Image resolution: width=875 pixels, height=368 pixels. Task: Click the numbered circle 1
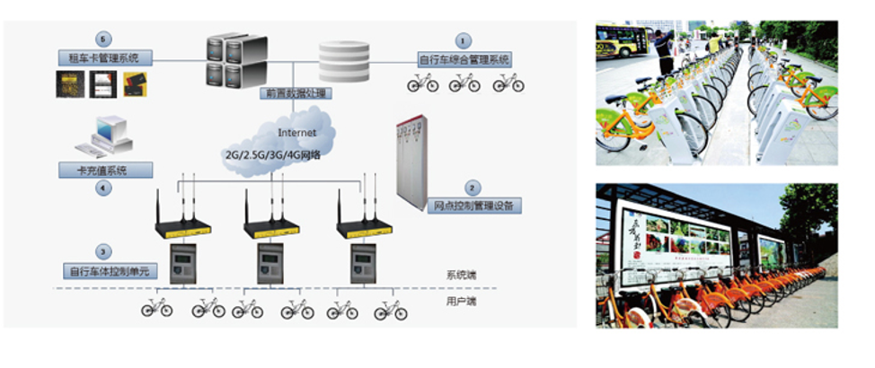tap(464, 40)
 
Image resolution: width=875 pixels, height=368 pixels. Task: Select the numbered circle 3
tap(105, 252)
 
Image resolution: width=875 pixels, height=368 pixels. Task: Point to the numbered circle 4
tap(105, 188)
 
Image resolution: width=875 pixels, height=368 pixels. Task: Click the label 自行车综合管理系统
tap(464, 60)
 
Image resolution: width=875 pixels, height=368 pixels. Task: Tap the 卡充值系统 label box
tap(105, 169)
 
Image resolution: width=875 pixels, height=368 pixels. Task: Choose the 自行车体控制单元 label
tap(105, 270)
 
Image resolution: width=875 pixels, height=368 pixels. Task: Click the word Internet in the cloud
tap(296, 132)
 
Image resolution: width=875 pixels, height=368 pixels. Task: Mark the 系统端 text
tap(461, 275)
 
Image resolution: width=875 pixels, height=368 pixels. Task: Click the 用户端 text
tap(461, 302)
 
